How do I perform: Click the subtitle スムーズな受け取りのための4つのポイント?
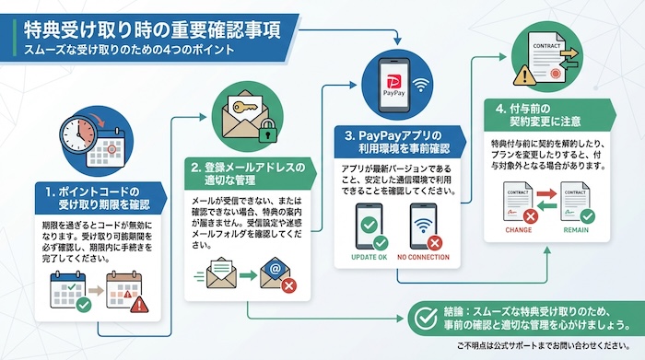coord(130,51)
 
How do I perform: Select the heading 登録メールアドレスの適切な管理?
coord(247,173)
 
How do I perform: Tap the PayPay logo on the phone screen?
coord(393,80)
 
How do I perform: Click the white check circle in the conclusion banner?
coord(426,318)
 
